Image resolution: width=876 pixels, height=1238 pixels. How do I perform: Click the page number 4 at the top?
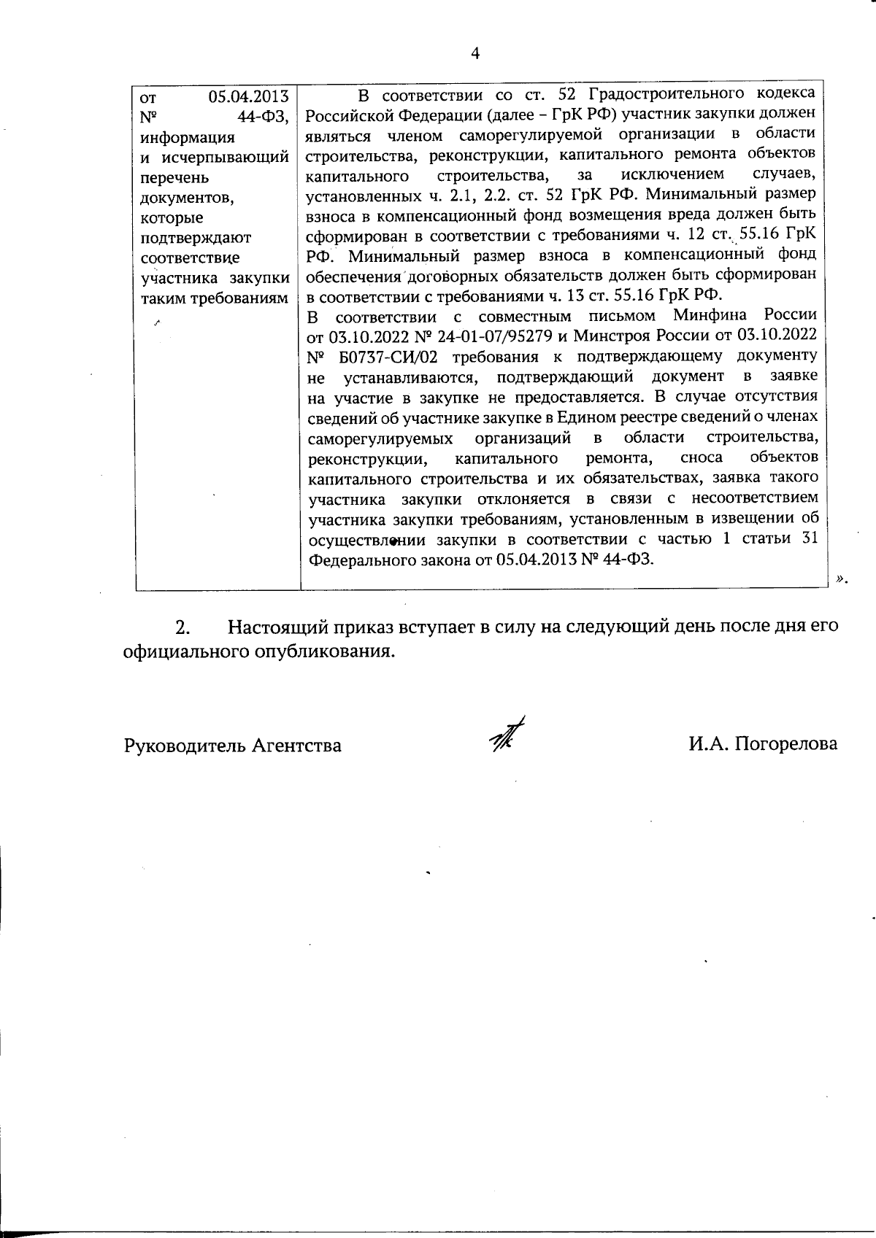pyautogui.click(x=475, y=53)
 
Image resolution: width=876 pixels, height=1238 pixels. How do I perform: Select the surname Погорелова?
pyautogui.click(x=786, y=744)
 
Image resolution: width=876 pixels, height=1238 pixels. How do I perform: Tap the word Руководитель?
pyautogui.click(x=185, y=746)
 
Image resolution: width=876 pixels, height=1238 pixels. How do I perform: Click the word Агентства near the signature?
pyautogui.click(x=296, y=746)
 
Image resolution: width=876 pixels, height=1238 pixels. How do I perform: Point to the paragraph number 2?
pyautogui.click(x=182, y=627)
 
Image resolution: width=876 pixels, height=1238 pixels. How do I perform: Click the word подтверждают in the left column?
pyautogui.click(x=195, y=238)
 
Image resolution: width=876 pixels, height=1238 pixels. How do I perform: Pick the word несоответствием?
pyautogui.click(x=754, y=499)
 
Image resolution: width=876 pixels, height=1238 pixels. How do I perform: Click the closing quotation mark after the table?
pyautogui.click(x=842, y=579)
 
